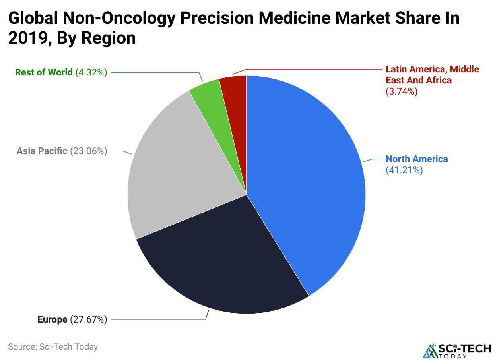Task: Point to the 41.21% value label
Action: point(404,170)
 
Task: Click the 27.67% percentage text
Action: point(89,319)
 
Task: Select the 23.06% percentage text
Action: point(89,151)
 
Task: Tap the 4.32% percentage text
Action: point(91,72)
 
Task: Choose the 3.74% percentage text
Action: point(402,91)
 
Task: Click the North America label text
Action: point(417,159)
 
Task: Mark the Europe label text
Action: point(52,319)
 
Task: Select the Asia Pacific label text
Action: point(42,151)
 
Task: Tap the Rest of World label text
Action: point(44,72)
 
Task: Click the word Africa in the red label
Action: point(439,80)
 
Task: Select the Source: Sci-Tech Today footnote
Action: point(53,346)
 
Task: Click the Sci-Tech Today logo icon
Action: point(429,350)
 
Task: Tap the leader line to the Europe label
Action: point(159,319)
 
